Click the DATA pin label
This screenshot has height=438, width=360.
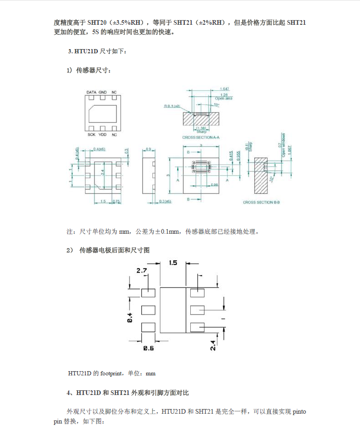tap(91, 93)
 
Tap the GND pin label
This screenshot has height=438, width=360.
tap(103, 93)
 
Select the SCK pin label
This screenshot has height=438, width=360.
tap(91, 135)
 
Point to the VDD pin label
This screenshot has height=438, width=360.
tap(103, 135)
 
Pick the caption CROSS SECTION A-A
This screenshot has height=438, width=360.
tap(201, 138)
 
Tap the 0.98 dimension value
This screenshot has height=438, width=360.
tap(215, 185)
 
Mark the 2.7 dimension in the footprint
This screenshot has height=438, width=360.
tap(142, 271)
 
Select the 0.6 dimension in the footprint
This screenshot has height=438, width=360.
tap(149, 348)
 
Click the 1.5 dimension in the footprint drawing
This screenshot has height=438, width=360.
tap(173, 263)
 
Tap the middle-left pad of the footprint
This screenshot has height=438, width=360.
tap(148, 310)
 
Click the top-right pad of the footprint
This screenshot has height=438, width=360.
tap(197, 293)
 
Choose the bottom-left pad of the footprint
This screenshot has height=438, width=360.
tap(148, 327)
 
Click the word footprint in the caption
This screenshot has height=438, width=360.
tap(110, 373)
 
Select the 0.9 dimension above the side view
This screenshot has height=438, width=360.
tap(148, 149)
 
